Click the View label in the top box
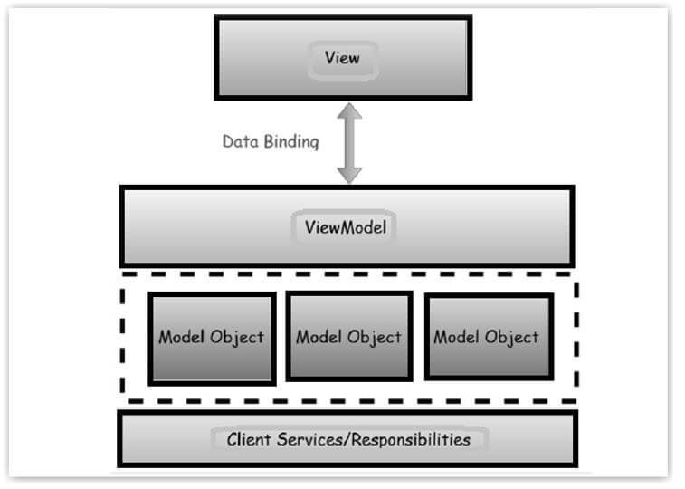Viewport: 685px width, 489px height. (342, 58)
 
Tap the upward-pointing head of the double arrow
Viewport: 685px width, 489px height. (349, 113)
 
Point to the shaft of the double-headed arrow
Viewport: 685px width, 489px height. (349, 143)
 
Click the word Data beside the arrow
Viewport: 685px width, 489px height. (240, 142)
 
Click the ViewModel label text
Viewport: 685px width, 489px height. (345, 226)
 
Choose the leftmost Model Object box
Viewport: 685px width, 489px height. (212, 337)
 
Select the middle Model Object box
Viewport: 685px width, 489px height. (348, 336)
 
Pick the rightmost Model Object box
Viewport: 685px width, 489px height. (487, 336)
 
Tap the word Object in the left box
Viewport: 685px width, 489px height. (238, 338)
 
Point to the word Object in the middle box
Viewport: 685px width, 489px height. (376, 338)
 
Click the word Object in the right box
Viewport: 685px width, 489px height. (513, 338)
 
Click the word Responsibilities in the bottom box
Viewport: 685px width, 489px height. (408, 441)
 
